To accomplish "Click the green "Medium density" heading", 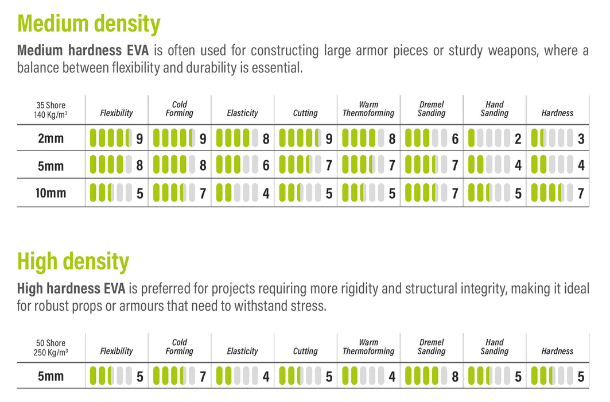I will click(x=89, y=24).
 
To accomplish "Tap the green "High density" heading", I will click(x=73, y=262).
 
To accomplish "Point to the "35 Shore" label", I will click(x=50, y=105).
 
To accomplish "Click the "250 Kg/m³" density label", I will click(x=50, y=352).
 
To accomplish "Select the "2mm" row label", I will click(x=50, y=138).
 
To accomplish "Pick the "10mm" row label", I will click(x=50, y=193).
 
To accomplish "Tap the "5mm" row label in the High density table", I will click(x=50, y=377).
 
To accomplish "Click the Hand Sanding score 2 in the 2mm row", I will click(x=518, y=138).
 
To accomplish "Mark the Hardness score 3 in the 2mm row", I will click(x=581, y=138).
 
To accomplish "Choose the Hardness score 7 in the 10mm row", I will click(x=581, y=194).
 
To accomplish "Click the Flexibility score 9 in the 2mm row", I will click(x=139, y=138).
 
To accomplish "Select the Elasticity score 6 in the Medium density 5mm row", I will click(x=266, y=166).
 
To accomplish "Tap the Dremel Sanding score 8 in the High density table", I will click(x=455, y=377).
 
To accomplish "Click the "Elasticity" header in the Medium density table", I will click(x=242, y=113).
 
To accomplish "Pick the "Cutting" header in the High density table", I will click(x=305, y=351).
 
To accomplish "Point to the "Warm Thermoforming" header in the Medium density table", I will click(x=368, y=109).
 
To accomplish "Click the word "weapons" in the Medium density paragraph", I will click(x=512, y=51).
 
